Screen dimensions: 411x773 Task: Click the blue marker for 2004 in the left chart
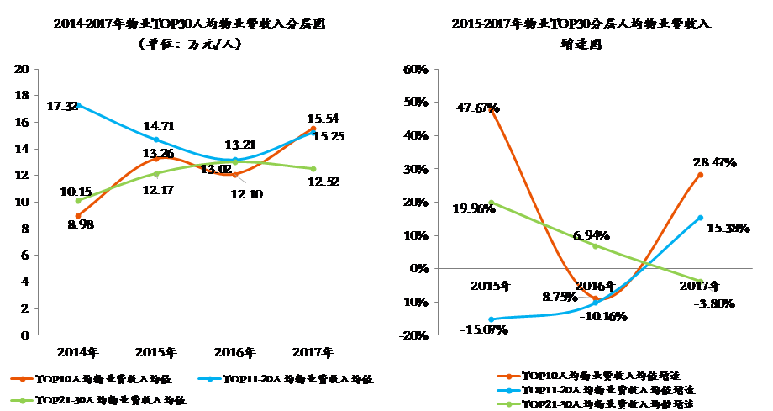[78, 105]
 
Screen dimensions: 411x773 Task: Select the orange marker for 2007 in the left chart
[313, 129]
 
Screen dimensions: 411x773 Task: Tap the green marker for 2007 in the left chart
[313, 169]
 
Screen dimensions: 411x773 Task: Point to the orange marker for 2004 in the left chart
[78, 216]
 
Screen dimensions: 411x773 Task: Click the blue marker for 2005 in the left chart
[156, 140]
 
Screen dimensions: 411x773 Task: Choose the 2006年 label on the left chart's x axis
[234, 351]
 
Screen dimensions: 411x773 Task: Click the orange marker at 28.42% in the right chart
[700, 175]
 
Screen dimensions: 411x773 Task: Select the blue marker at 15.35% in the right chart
[700, 218]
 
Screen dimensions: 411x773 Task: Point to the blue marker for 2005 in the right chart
[491, 319]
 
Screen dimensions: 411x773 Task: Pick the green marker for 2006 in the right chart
[596, 246]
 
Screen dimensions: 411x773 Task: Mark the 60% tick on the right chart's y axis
[418, 69]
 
